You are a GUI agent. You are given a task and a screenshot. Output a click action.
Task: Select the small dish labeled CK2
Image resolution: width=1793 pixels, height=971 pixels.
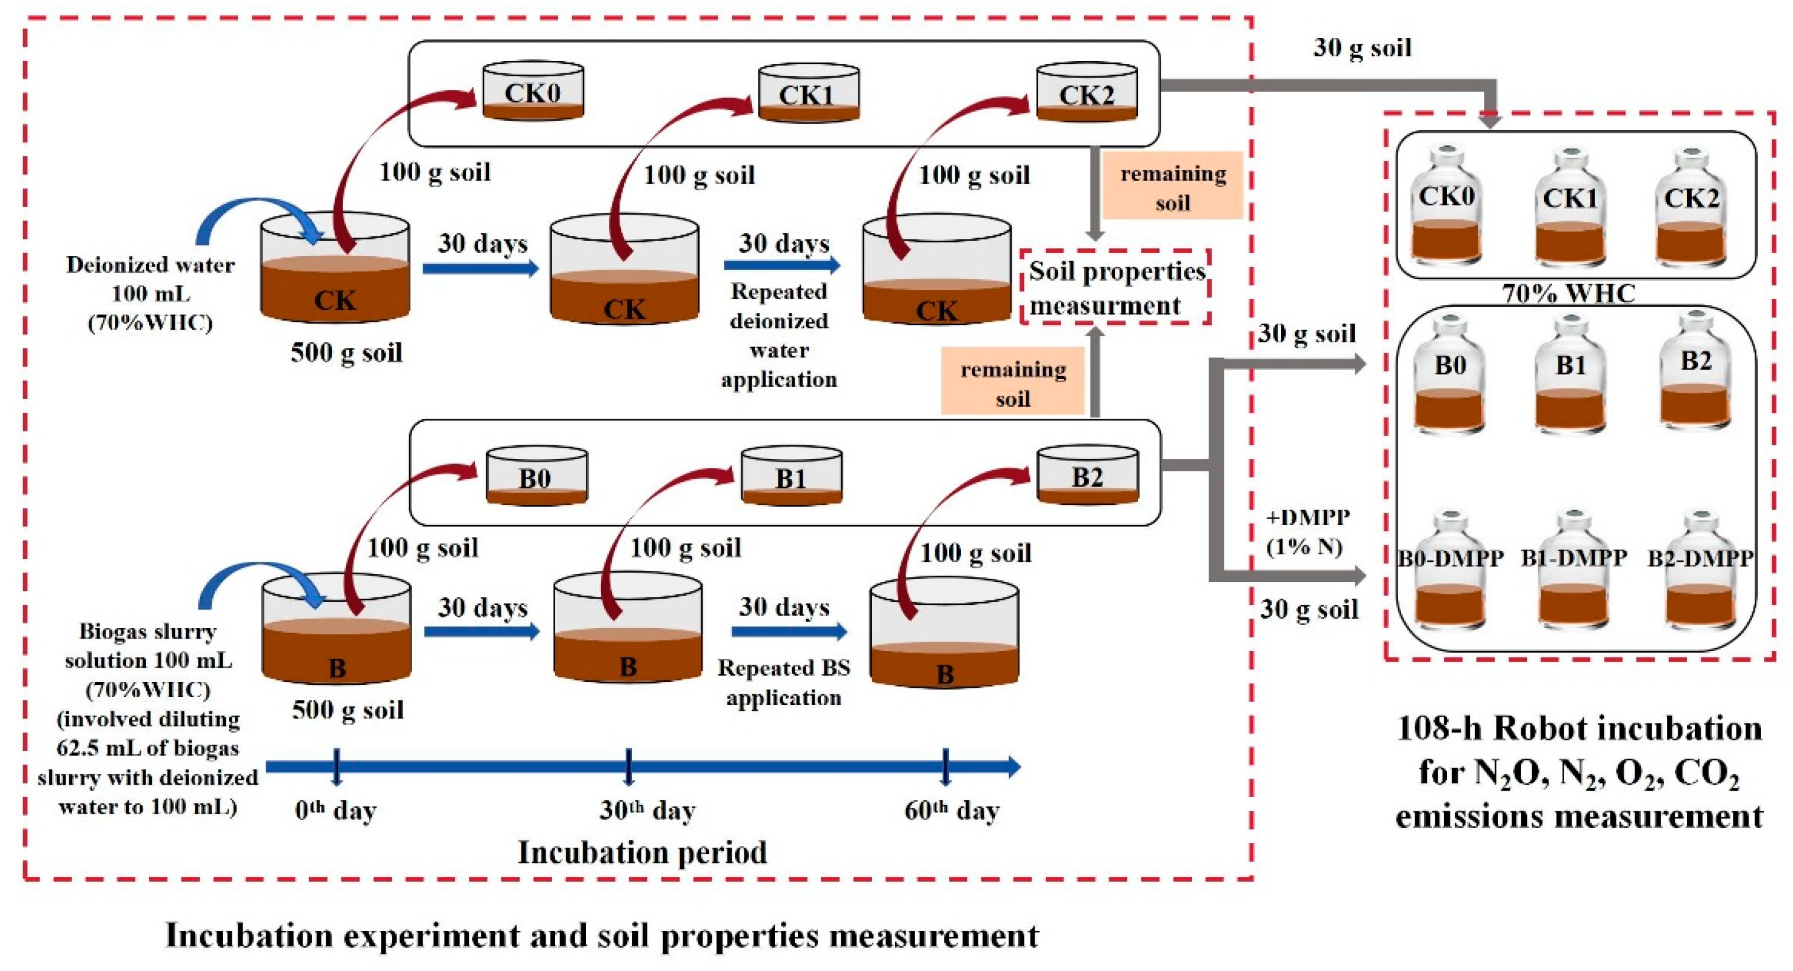point(1087,93)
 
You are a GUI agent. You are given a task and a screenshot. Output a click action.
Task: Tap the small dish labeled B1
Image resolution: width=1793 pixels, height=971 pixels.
point(792,477)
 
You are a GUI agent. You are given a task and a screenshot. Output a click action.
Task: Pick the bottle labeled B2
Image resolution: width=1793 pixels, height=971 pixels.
point(1695,376)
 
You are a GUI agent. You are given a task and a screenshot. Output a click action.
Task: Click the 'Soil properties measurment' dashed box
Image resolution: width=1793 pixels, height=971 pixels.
point(1116,287)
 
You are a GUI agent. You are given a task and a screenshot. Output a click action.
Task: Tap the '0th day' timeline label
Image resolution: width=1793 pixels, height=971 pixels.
point(336,810)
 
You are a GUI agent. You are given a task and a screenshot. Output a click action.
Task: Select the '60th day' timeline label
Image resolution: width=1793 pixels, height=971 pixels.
point(952,810)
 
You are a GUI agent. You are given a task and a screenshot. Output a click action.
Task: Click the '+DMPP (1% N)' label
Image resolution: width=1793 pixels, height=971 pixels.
point(1307,531)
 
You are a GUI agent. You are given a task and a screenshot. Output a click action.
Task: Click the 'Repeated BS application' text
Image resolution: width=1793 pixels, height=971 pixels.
point(784,682)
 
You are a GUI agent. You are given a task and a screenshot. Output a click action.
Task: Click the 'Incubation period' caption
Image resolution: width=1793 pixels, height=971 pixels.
point(642,852)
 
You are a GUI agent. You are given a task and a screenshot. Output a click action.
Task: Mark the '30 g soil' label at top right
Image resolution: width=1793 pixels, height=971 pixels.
point(1361,47)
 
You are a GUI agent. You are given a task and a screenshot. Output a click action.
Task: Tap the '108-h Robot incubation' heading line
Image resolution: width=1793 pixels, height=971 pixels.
point(1578,729)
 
